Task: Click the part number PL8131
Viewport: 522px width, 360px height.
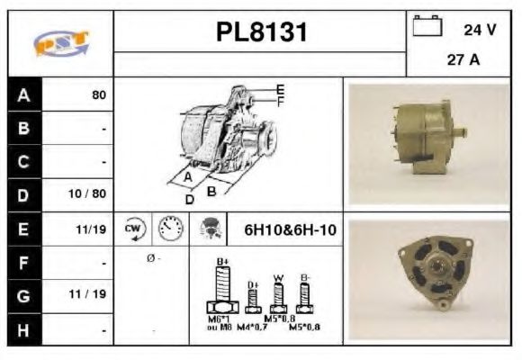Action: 260,33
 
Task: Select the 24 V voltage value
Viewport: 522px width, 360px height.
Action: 479,30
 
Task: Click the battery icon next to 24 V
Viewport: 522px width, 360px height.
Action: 425,28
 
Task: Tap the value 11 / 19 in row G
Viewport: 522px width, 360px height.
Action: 91,293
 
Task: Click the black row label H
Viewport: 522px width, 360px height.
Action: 23,330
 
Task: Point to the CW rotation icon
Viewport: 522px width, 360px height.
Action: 134,229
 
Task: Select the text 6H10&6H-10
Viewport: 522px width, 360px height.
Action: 290,229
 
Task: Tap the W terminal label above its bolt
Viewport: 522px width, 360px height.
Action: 278,278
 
